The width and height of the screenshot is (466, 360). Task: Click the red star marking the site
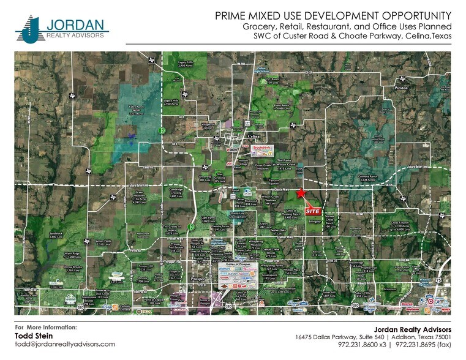(x=300, y=193)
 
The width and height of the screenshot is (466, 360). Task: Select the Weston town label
(x=400, y=88)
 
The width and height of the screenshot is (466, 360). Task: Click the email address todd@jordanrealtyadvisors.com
(x=64, y=344)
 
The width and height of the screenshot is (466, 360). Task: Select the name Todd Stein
(x=34, y=336)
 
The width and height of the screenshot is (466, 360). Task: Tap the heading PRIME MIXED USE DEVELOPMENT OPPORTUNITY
(x=333, y=15)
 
